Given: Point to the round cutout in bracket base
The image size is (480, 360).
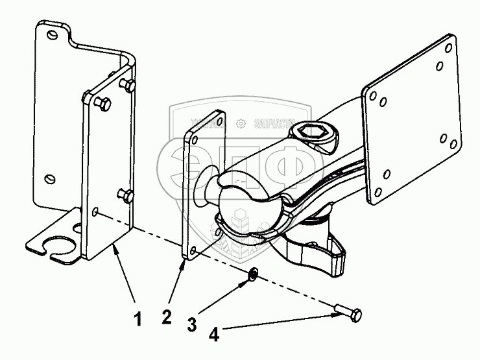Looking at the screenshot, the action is [58, 245].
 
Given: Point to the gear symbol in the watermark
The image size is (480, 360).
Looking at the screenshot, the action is [241, 123].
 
